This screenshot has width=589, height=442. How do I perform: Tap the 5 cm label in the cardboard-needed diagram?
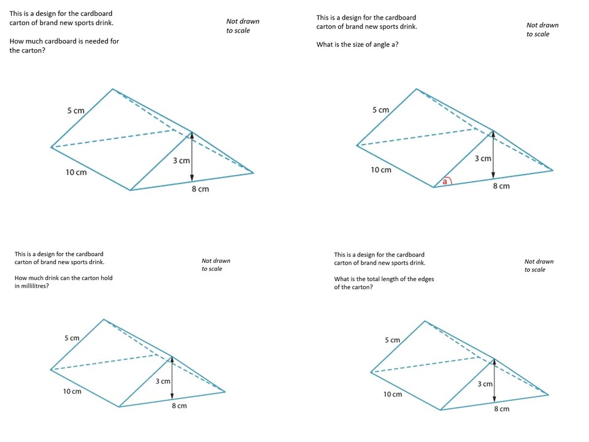(x=76, y=110)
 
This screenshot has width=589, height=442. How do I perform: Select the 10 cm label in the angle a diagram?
(x=380, y=169)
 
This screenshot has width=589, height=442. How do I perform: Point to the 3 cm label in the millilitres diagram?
(x=163, y=381)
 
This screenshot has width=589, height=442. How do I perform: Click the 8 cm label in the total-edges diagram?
(x=501, y=409)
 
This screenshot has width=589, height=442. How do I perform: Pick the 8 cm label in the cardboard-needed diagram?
(x=200, y=189)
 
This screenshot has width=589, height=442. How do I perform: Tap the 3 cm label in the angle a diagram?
(x=483, y=158)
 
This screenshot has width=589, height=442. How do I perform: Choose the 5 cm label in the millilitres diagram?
(x=72, y=338)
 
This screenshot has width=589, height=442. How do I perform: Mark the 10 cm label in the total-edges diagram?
(x=393, y=394)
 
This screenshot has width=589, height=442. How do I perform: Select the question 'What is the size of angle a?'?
(x=357, y=44)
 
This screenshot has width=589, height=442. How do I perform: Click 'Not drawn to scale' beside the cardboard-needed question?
(x=242, y=26)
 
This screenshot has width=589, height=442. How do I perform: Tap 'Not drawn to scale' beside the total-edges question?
(x=539, y=265)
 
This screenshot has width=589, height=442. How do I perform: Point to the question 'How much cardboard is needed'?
(x=64, y=46)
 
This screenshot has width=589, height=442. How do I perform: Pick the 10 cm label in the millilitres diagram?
(x=72, y=392)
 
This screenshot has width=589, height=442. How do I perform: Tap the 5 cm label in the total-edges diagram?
(x=392, y=340)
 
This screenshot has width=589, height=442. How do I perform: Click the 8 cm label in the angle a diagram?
(x=501, y=186)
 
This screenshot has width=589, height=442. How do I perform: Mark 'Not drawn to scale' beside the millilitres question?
(x=216, y=265)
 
